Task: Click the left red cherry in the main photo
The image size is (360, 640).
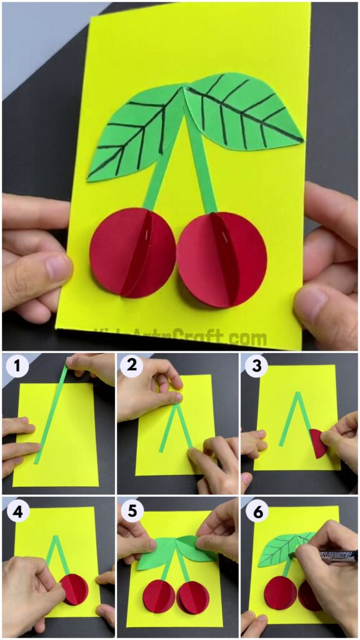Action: tap(132, 252)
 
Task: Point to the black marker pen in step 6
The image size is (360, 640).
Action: tap(334, 555)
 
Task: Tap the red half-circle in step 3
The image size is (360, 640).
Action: tap(319, 443)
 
